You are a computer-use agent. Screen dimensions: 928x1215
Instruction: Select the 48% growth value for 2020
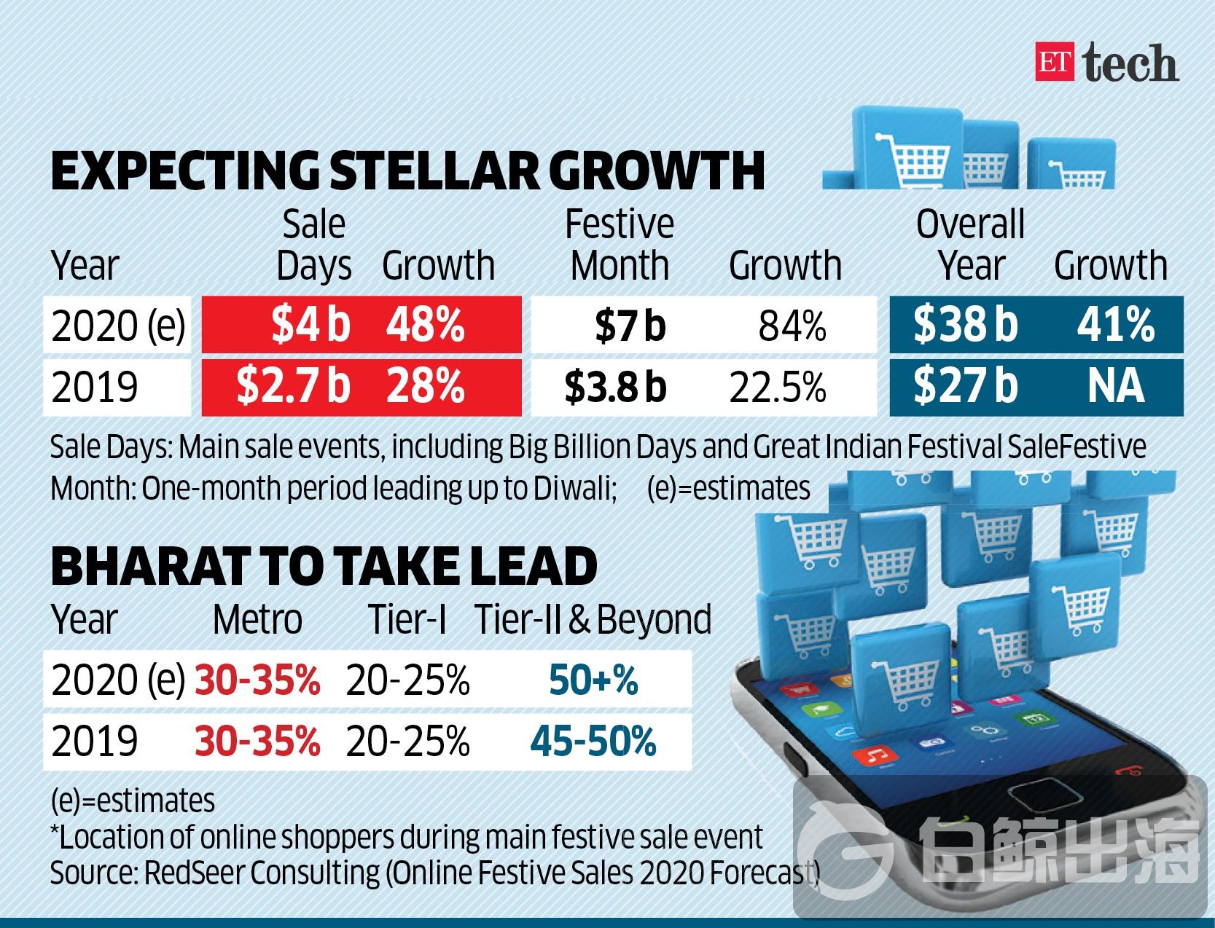point(426,325)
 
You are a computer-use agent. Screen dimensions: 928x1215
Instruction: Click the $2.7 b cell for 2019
point(293,387)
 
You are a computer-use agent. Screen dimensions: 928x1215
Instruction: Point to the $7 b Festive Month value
point(630,326)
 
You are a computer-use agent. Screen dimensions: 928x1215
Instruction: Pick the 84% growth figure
point(792,326)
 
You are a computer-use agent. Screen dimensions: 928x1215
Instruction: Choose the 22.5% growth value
point(778,388)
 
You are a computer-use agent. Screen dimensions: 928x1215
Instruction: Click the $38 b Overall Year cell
point(965,325)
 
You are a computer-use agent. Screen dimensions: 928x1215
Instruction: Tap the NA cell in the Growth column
point(1115,387)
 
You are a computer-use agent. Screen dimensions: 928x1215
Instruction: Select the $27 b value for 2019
point(965,387)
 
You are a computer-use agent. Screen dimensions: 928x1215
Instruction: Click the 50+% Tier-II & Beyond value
point(593,681)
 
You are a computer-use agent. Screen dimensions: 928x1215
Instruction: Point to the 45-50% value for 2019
point(593,742)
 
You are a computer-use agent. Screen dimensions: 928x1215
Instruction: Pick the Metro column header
point(257,620)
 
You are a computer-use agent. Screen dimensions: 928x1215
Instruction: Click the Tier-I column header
point(407,620)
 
